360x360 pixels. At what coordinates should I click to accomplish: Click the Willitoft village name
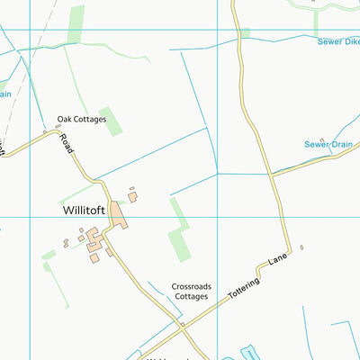click(85, 211)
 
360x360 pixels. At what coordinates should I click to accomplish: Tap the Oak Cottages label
click(82, 119)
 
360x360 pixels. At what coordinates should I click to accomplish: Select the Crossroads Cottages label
click(191, 290)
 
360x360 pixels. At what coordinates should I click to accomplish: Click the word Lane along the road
click(276, 262)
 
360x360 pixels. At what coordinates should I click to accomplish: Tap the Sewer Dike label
click(337, 41)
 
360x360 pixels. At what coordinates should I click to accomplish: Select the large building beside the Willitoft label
click(119, 212)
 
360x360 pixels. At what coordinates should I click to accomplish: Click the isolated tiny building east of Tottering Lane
click(301, 247)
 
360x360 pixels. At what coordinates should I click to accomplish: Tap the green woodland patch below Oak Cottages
click(111, 121)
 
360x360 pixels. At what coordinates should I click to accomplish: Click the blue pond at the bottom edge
click(247, 353)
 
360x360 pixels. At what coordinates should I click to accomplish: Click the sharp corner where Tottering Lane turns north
click(290, 247)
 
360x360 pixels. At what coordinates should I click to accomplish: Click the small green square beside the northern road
click(245, 34)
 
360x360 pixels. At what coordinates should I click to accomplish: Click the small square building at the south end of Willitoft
click(94, 258)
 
